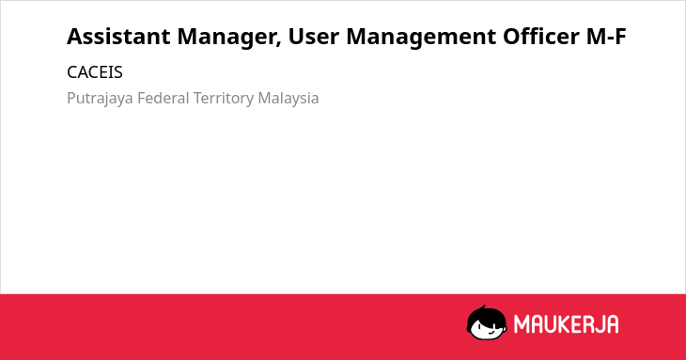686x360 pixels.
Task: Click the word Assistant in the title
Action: pyautogui.click(x=118, y=37)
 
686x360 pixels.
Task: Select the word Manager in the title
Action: pyautogui.click(x=229, y=38)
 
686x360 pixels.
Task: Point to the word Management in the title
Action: pyautogui.click(x=421, y=38)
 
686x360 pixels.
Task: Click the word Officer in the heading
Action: pyautogui.click(x=541, y=37)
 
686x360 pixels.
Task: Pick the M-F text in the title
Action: pyautogui.click(x=606, y=37)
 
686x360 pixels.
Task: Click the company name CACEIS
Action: pyautogui.click(x=95, y=72)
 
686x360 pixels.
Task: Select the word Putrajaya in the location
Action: pyautogui.click(x=100, y=99)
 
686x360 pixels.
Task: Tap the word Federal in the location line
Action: pyautogui.click(x=164, y=98)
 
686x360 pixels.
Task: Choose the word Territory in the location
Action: pyautogui.click(x=224, y=99)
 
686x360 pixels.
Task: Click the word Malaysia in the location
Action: pyautogui.click(x=288, y=99)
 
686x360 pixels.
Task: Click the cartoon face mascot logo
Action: pyautogui.click(x=487, y=322)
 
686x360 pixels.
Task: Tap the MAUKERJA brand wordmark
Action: pyautogui.click(x=566, y=324)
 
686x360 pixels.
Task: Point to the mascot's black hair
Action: pyautogui.click(x=486, y=315)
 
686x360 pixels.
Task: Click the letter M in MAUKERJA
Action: pyautogui.click(x=522, y=324)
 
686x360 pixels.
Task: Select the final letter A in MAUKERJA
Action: pyautogui.click(x=612, y=324)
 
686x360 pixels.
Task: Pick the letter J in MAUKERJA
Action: pyautogui.click(x=598, y=324)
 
